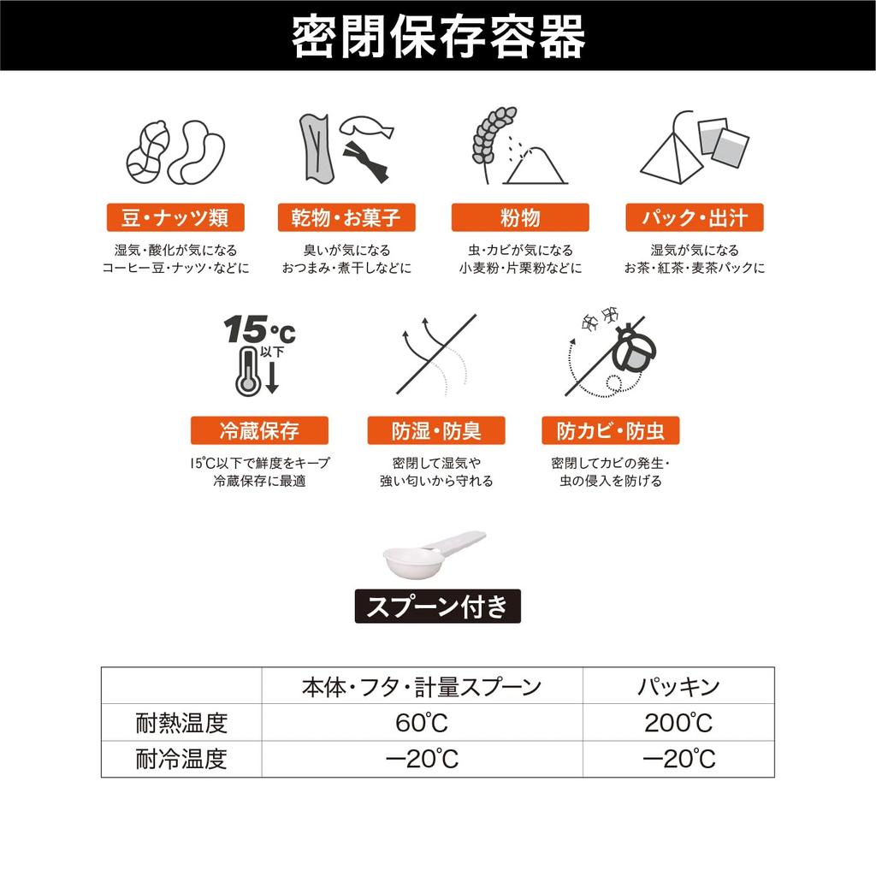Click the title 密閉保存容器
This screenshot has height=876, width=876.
coord(438,36)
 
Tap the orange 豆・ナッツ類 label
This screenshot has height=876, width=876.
coord(175,217)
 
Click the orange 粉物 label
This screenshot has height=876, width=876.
coord(520,217)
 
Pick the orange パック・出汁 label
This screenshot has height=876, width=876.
coord(695,217)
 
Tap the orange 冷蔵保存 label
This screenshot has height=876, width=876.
coord(260,430)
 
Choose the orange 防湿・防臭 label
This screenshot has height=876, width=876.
coord(435,430)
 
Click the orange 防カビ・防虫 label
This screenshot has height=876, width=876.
coord(610,430)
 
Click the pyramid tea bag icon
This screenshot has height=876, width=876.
coord(669,155)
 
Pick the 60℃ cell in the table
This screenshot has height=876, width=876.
coord(422,723)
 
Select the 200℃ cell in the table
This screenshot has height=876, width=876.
coord(678,723)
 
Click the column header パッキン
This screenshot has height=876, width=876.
coord(678,685)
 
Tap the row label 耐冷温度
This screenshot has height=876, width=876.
coord(181,759)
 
